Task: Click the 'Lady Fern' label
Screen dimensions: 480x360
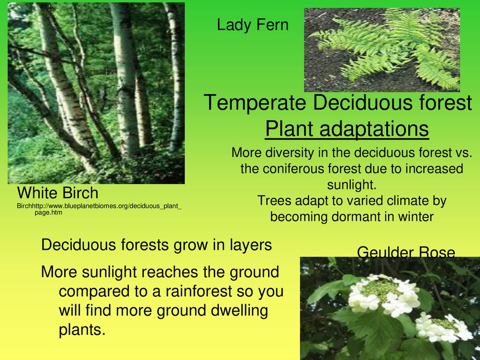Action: click(x=253, y=25)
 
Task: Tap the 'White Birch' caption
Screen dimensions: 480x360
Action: click(x=58, y=193)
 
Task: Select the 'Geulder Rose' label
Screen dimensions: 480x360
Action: click(x=406, y=253)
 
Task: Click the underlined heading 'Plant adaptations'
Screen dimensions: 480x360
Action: click(x=347, y=129)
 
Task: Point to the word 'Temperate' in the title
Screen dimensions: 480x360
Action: click(x=255, y=103)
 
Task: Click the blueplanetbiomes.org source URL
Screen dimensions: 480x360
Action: click(x=99, y=209)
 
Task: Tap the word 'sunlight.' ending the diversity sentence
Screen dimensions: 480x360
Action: click(x=352, y=185)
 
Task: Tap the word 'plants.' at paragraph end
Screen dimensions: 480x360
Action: click(x=82, y=330)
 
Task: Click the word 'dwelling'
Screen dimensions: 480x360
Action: click(x=239, y=310)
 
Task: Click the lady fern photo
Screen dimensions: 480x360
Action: click(x=382, y=50)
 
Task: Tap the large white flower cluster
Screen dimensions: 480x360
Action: click(x=384, y=294)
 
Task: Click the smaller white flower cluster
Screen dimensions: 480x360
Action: click(x=443, y=327)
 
